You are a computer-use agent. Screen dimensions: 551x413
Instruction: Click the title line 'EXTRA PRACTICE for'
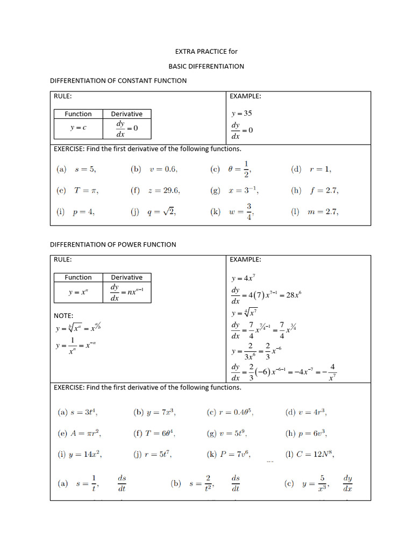coord(206,52)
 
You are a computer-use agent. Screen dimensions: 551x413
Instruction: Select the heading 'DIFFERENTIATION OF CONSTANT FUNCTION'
coord(118,81)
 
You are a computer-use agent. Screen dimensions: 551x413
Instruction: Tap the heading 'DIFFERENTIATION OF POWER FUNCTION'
coord(113,244)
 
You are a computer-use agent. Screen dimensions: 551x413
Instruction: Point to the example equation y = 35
coord(241,114)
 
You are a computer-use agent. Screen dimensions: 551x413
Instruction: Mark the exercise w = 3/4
coord(232,212)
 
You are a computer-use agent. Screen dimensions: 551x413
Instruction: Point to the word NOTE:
coord(63,315)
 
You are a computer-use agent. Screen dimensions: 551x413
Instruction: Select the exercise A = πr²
coord(79,433)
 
